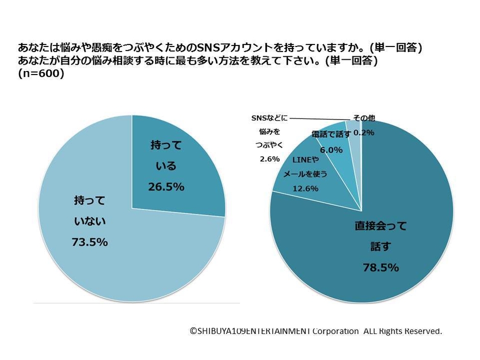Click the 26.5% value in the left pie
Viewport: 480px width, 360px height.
pyautogui.click(x=166, y=187)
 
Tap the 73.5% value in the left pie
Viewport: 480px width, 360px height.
pyautogui.click(x=90, y=242)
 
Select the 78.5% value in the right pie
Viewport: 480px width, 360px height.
pyautogui.click(x=380, y=267)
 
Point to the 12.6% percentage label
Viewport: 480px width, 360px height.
pyautogui.click(x=305, y=188)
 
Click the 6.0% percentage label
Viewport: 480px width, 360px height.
pyautogui.click(x=332, y=150)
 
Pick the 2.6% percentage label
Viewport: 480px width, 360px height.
pyautogui.click(x=270, y=159)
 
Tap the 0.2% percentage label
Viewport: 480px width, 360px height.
pyautogui.click(x=364, y=132)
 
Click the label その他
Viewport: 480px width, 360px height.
pyautogui.click(x=364, y=118)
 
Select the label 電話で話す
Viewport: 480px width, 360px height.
pyautogui.click(x=331, y=134)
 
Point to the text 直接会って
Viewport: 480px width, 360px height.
pyautogui.click(x=380, y=226)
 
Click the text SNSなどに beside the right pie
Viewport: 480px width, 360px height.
pyautogui.click(x=270, y=118)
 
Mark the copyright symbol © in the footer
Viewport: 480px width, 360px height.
pyautogui.click(x=194, y=331)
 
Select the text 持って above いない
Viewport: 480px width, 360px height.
pyautogui.click(x=90, y=201)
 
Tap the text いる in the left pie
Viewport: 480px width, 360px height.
pyautogui.click(x=166, y=166)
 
